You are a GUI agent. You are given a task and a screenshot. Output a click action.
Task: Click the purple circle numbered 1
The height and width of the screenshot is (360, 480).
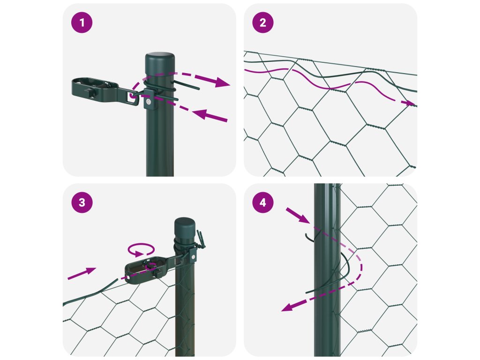pyautogui.click(x=82, y=22)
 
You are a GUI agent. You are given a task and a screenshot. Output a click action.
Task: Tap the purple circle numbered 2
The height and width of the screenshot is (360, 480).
pyautogui.click(x=262, y=22)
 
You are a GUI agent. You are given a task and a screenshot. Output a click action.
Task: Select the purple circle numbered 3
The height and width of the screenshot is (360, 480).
pyautogui.click(x=82, y=202)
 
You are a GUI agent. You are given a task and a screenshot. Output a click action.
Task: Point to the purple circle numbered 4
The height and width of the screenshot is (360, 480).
pyautogui.click(x=262, y=202)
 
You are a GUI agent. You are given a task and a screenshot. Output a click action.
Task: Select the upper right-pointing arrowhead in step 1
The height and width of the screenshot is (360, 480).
pyautogui.click(x=222, y=82)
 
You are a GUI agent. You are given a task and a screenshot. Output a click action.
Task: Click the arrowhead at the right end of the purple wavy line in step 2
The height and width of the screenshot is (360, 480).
pyautogui.click(x=410, y=103)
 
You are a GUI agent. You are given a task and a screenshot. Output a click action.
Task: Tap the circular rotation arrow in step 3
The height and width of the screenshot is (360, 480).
pyautogui.click(x=141, y=249)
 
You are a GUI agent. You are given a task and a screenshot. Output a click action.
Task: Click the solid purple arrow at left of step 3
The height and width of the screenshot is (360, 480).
pyautogui.click(x=82, y=273)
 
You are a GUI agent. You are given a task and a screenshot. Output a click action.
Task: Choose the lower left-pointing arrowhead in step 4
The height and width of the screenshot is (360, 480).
pyautogui.click(x=289, y=307)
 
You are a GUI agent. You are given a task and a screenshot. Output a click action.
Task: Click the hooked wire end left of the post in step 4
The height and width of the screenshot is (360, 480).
pyautogui.click(x=309, y=237)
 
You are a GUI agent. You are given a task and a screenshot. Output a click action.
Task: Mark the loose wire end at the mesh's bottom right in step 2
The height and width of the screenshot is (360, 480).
pyautogui.click(x=412, y=167)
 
